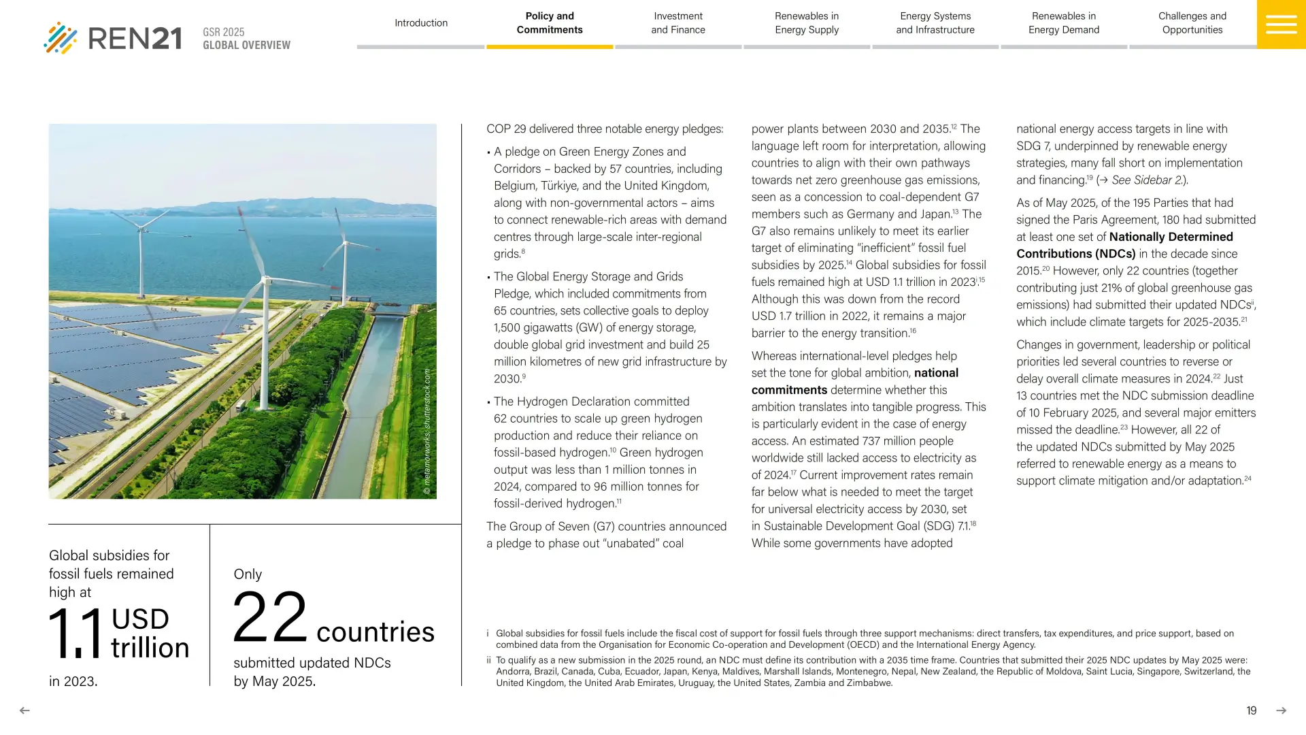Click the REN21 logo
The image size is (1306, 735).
[x=113, y=38]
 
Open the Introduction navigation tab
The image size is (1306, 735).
[x=421, y=23]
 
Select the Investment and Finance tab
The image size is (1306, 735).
[x=678, y=23]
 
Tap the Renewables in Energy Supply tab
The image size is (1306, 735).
[x=807, y=23]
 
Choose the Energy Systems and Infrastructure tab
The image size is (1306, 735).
[x=935, y=23]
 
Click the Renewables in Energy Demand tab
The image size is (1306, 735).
[x=1064, y=23]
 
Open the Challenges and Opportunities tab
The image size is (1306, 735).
[x=1192, y=23]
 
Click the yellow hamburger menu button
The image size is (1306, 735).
[x=1281, y=24]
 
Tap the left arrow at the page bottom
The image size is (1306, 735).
[x=24, y=710]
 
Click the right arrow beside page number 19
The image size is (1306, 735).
[x=1282, y=710]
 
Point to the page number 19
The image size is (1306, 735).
[x=1252, y=710]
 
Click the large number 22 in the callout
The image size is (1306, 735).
[x=270, y=618]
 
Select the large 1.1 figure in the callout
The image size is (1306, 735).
[x=76, y=633]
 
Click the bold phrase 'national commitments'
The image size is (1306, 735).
[x=789, y=390]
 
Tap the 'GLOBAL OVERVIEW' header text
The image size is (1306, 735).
[x=246, y=46]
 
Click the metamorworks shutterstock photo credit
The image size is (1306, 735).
[x=427, y=431]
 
